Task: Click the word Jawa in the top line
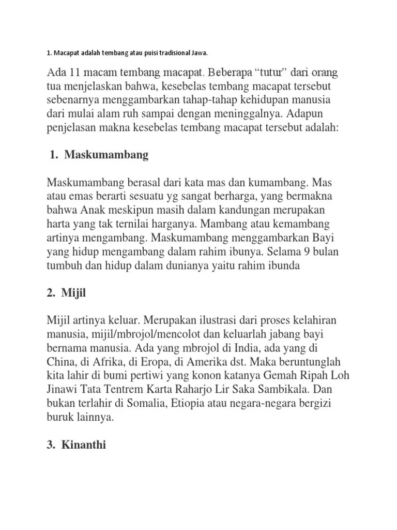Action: point(202,52)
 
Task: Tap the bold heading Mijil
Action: point(73,294)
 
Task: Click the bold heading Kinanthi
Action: point(83,444)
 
